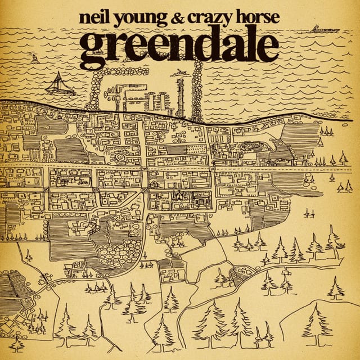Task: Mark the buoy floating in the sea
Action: tap(35, 59)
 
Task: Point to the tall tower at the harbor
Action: tap(181, 96)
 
